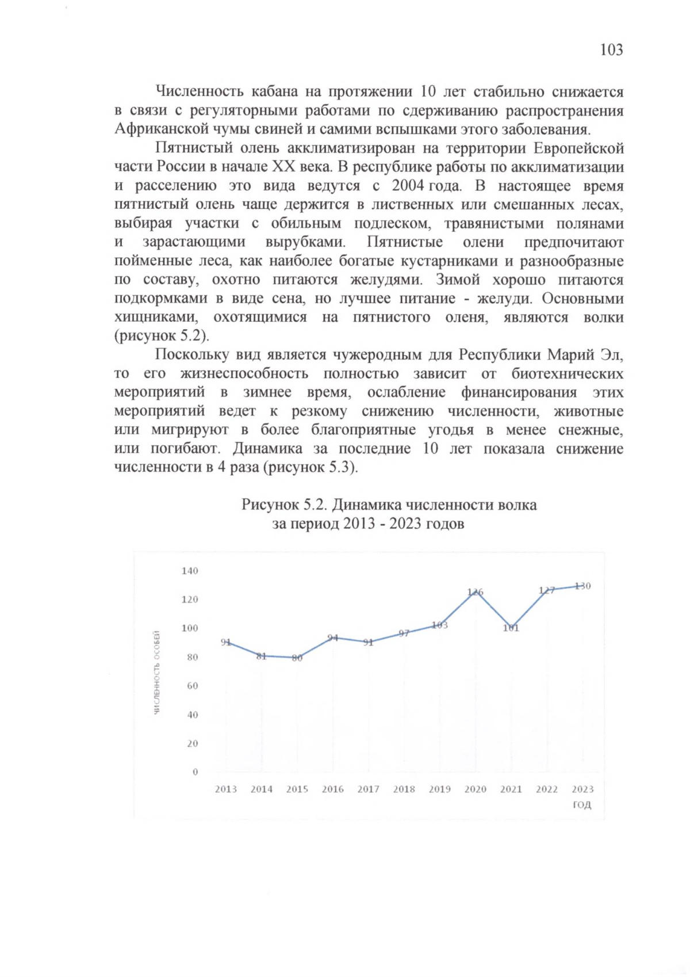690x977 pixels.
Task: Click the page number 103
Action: point(611,50)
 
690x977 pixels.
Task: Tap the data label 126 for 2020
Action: point(476,592)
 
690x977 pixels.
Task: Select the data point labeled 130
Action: point(582,586)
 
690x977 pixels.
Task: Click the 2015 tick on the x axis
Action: point(297,789)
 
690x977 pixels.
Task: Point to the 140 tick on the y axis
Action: point(190,571)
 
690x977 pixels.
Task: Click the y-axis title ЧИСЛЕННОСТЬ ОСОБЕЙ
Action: point(156,672)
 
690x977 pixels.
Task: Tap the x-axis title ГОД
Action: point(582,805)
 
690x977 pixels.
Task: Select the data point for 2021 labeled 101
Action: point(511,628)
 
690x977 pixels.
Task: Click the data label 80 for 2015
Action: point(297,658)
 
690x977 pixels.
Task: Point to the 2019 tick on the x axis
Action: point(439,789)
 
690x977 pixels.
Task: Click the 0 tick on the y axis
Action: point(195,772)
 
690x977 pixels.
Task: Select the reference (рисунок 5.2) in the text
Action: point(162,336)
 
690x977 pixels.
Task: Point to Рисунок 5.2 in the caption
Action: point(284,505)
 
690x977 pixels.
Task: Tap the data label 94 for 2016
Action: point(332,638)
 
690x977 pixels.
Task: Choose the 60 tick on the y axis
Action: point(192,686)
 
